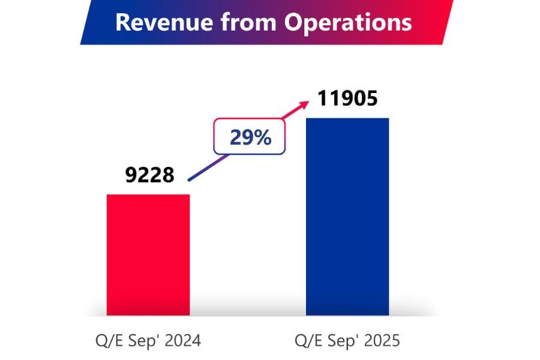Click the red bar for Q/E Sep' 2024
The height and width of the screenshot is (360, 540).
(148, 254)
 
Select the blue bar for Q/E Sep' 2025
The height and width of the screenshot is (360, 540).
(347, 216)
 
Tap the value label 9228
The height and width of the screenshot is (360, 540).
(149, 175)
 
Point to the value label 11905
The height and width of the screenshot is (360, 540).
(347, 98)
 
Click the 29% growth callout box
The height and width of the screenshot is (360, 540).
(250, 138)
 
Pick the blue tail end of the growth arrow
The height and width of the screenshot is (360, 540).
(191, 178)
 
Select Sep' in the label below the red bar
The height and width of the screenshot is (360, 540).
(142, 341)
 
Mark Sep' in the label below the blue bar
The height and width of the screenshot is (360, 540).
(340, 341)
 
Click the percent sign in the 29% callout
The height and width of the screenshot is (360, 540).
(262, 138)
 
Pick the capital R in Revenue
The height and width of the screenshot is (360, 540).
(122, 22)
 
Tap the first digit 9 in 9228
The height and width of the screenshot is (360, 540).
(131, 175)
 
